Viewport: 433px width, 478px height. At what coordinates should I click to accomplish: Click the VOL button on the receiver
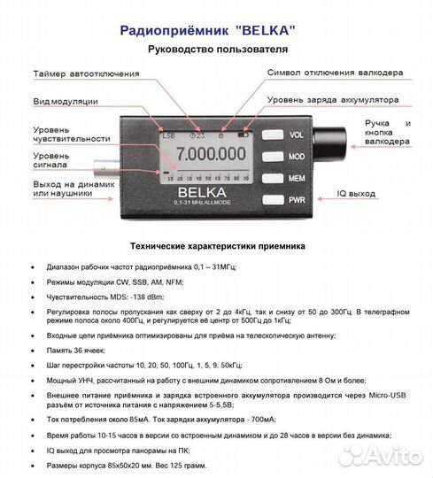coord(296,135)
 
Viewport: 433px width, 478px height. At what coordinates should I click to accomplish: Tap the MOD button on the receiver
coord(296,157)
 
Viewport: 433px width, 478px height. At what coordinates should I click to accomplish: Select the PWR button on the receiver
coord(296,199)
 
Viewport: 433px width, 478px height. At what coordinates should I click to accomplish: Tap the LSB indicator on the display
coord(169,134)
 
